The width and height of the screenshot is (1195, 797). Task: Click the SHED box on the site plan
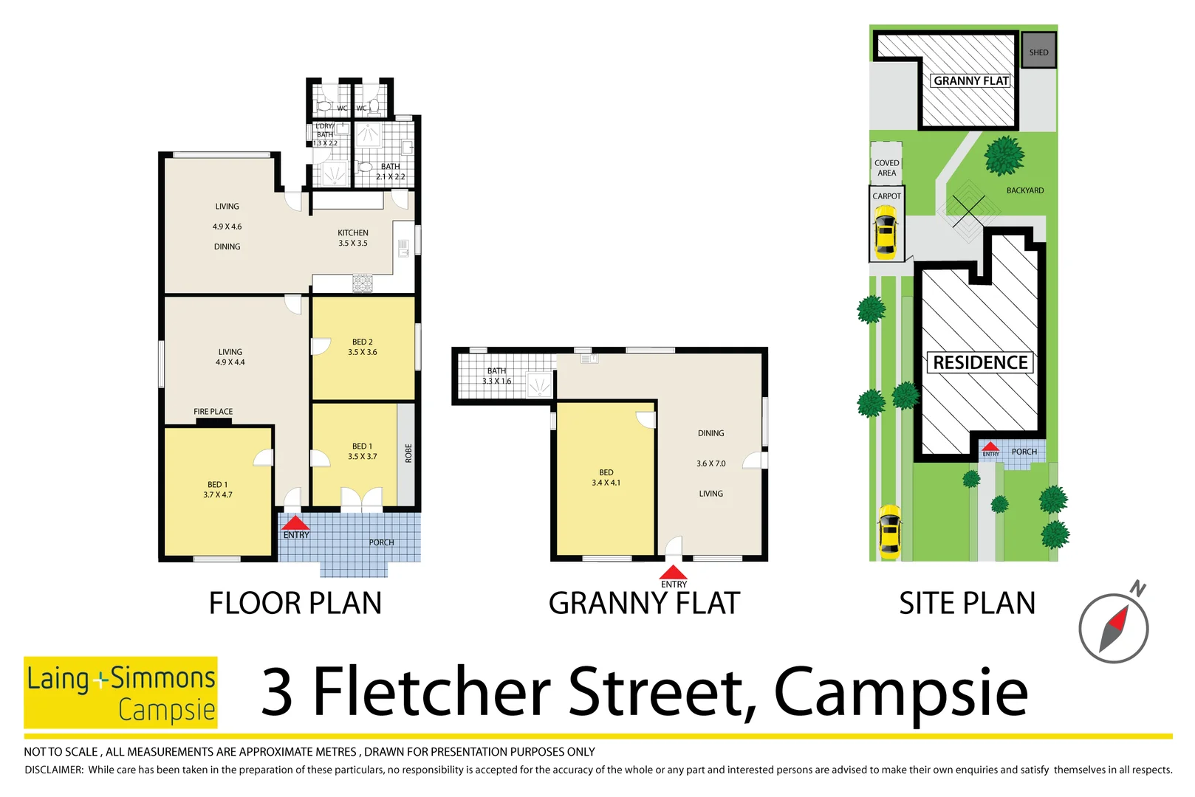[x=1038, y=52]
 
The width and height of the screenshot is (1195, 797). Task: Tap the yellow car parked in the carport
[x=885, y=232]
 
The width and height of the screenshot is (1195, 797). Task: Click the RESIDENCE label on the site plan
[x=980, y=362]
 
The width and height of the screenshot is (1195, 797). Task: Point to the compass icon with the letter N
[x=1114, y=627]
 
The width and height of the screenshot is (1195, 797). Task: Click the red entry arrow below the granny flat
[x=673, y=573]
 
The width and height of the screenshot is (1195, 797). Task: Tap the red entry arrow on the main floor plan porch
[x=295, y=523]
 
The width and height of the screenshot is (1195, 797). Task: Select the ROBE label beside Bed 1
[x=408, y=453]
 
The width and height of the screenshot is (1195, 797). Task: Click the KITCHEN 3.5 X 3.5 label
[x=353, y=238]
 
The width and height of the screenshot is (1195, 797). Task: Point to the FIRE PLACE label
[x=213, y=412]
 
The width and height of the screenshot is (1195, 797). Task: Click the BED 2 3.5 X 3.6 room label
[x=363, y=347]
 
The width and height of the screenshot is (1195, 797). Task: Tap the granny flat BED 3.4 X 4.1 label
[x=606, y=477]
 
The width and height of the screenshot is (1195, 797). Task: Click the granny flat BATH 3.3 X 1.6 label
[x=496, y=376]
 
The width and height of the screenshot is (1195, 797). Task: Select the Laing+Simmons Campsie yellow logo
[x=120, y=692]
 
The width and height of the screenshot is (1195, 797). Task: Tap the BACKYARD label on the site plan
[x=1024, y=190]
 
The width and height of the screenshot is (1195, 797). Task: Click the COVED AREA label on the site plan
[x=886, y=168]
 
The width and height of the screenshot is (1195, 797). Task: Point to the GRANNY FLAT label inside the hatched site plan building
[x=970, y=80]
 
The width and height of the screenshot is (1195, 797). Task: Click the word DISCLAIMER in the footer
[x=54, y=770]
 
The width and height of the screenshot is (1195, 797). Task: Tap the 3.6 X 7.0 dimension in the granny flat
[x=711, y=463]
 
